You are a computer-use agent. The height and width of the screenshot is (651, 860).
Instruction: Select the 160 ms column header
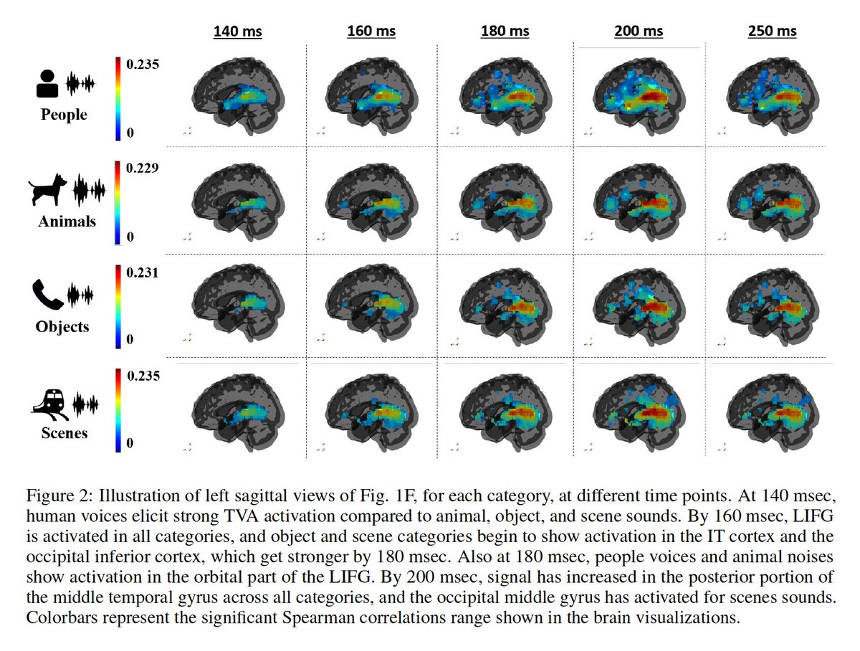point(370,31)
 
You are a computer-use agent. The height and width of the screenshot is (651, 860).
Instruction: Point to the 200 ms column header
point(638,31)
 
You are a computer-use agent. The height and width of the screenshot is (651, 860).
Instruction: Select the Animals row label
point(67,221)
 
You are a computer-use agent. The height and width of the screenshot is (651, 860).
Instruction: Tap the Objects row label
point(62,326)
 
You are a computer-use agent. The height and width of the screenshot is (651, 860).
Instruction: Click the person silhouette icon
point(47,84)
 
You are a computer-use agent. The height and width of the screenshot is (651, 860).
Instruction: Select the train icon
point(49,401)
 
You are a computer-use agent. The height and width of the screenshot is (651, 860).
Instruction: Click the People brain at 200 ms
point(639,97)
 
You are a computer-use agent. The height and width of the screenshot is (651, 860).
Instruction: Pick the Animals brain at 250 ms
point(774,204)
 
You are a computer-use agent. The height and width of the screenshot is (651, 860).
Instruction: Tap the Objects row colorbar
point(118,307)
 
